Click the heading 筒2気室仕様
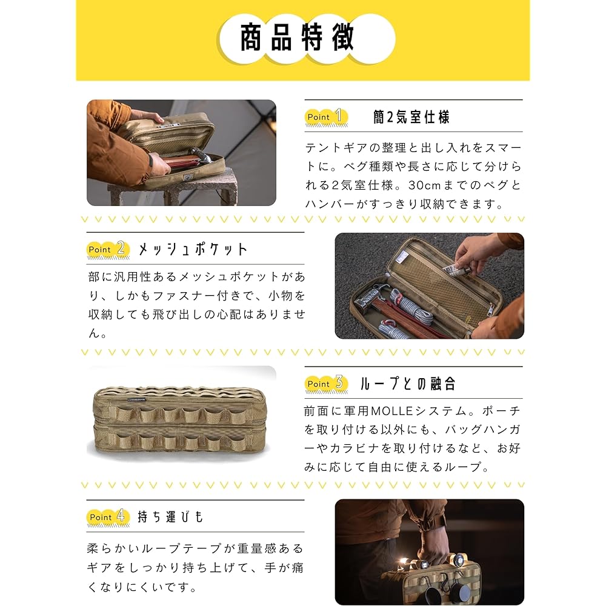411,117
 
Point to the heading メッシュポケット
193,249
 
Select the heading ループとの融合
407,384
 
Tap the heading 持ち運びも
171,517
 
